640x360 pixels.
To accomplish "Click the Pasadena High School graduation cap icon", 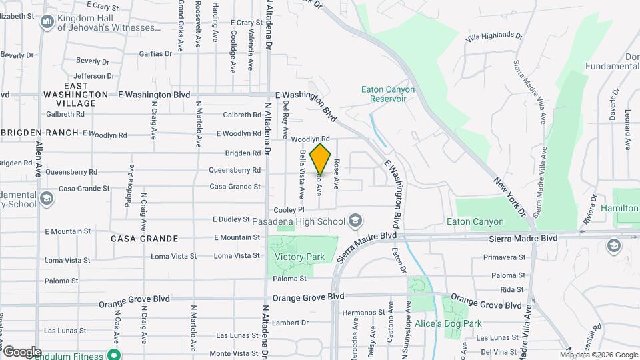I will pos(356,220).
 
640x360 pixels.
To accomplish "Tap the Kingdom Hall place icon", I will pos(47,23).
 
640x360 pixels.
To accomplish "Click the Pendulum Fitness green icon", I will pos(114,355).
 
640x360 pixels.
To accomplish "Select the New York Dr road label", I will pos(511,197).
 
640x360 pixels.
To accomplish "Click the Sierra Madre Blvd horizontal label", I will pos(523,237).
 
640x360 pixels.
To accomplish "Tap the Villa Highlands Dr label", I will pos(494,37).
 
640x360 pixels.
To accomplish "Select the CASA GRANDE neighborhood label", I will pos(144,239).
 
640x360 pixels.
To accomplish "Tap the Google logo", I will pos(22,351).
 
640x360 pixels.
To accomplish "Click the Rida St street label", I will pos(512,289).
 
